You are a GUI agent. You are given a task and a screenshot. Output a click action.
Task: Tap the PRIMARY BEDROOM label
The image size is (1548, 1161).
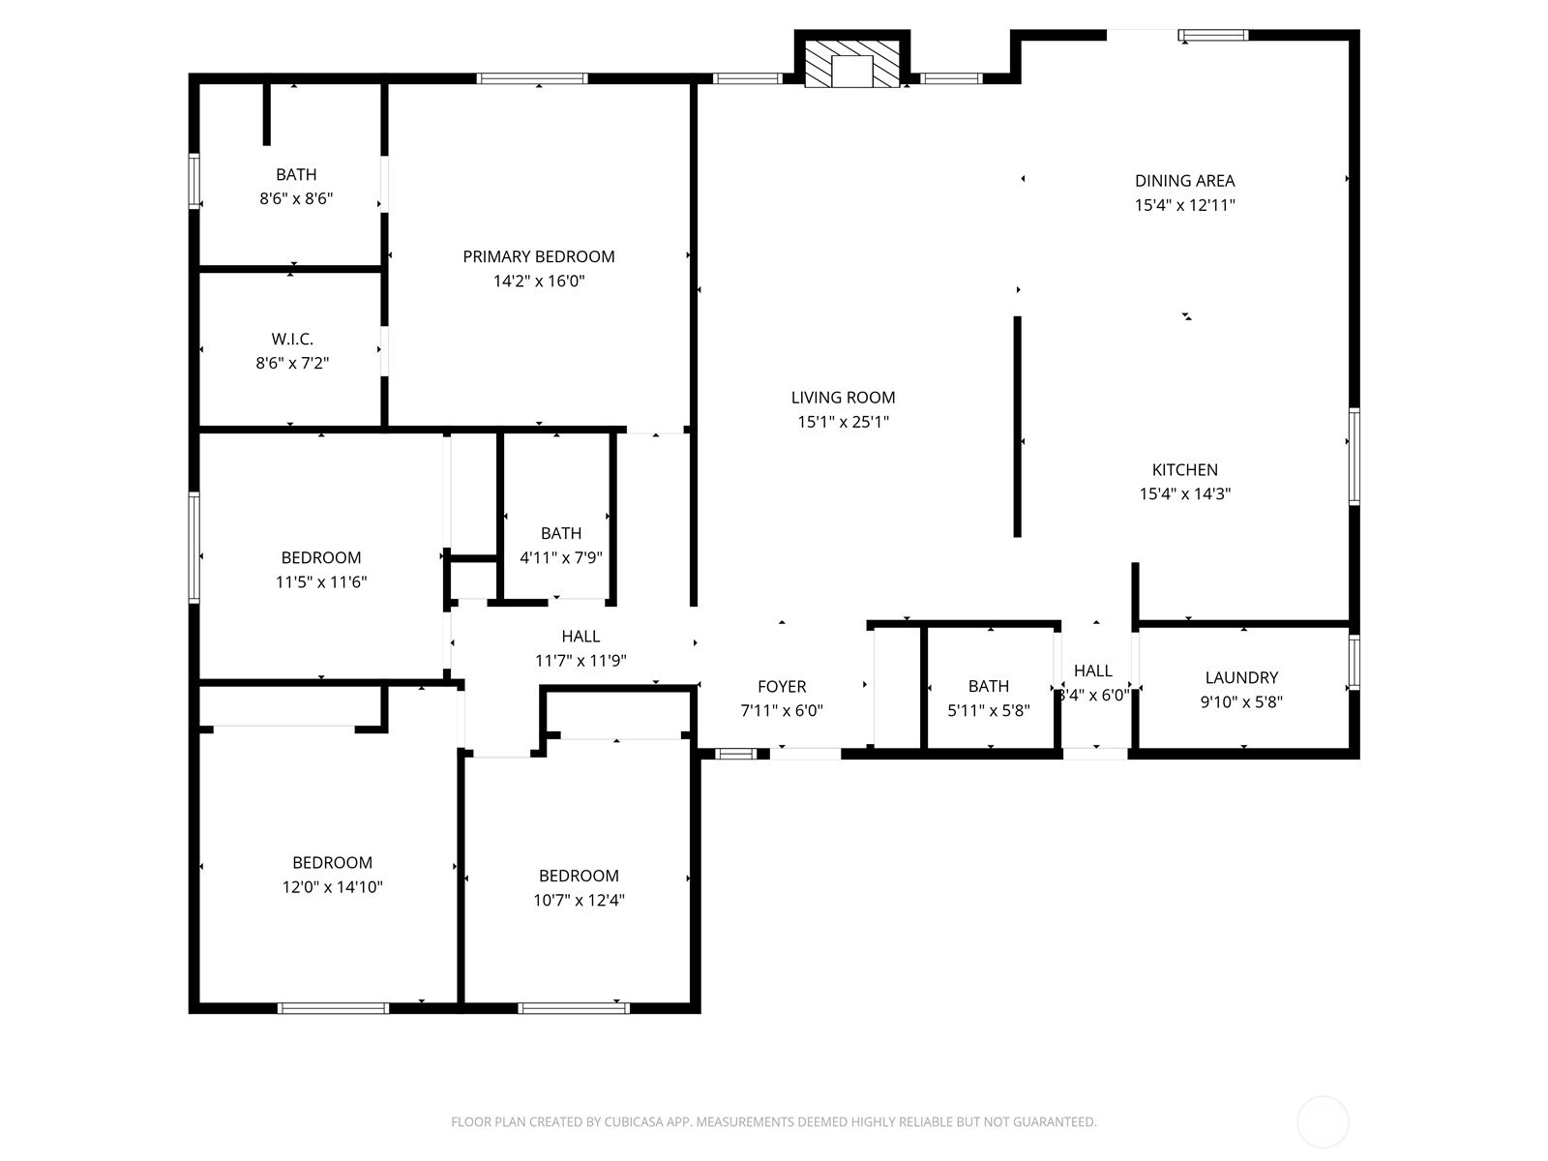pyautogui.click(x=539, y=256)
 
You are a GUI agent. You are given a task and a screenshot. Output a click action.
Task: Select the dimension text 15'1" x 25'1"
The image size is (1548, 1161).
pyautogui.click(x=843, y=422)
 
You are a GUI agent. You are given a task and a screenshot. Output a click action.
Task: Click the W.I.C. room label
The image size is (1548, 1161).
pyautogui.click(x=292, y=339)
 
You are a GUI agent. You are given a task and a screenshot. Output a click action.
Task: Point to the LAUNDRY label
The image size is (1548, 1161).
pyautogui.click(x=1241, y=677)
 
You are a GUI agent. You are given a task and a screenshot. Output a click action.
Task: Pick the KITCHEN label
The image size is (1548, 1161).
pyautogui.click(x=1184, y=469)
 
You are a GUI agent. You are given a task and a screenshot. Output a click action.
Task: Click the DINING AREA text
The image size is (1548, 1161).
pyautogui.click(x=1184, y=180)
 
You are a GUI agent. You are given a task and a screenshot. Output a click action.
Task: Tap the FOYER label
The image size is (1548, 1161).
pyautogui.click(x=782, y=686)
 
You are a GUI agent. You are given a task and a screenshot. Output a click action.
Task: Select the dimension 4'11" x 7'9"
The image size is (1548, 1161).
pyautogui.click(x=561, y=557)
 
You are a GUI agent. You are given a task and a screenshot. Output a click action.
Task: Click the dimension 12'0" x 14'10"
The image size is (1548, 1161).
pyautogui.click(x=333, y=886)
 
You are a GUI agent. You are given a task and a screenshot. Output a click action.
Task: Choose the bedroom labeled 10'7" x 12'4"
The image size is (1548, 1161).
pyautogui.click(x=579, y=876)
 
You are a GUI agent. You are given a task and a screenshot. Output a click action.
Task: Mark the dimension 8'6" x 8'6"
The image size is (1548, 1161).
pyautogui.click(x=296, y=199)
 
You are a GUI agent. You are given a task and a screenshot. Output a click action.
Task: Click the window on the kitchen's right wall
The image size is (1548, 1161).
pyautogui.click(x=1354, y=457)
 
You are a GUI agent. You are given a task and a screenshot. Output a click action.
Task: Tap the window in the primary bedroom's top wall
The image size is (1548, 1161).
pyautogui.click(x=532, y=78)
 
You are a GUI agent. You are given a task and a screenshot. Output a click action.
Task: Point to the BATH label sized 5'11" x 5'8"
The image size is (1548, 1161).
pyautogui.click(x=989, y=686)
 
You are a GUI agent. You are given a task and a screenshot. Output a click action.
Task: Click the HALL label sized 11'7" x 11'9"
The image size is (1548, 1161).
pyautogui.click(x=580, y=636)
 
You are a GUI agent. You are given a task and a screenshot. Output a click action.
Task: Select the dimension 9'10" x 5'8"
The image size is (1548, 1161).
pyautogui.click(x=1241, y=702)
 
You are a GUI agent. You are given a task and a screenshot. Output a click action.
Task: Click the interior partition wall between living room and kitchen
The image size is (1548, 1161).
pyautogui.click(x=1017, y=426)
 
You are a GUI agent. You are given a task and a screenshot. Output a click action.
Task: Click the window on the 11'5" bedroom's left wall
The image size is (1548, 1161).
pyautogui.click(x=194, y=548)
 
